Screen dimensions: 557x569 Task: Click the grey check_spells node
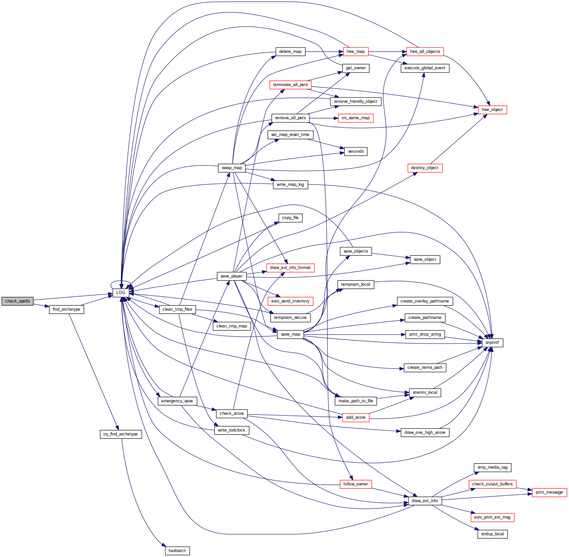17,301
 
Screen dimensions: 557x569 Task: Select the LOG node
121,293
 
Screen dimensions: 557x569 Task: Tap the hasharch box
177,551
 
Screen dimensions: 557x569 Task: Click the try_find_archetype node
121,434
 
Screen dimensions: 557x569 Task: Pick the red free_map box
356,52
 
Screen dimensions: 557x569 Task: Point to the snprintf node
492,343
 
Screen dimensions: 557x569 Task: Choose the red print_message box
549,492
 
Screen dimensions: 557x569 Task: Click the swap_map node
232,168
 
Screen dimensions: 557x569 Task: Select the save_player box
232,276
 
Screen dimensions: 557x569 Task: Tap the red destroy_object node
425,168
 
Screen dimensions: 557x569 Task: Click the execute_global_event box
425,68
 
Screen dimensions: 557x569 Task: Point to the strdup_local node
492,534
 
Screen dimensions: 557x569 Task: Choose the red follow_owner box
356,484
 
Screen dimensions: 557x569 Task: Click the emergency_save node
177,401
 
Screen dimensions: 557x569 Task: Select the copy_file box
290,218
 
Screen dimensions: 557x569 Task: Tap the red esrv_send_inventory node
290,301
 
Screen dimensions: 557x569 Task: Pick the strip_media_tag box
492,467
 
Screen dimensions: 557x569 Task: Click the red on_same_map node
356,118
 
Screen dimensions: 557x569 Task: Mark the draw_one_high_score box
425,433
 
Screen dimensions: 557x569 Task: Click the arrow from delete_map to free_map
324,52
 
